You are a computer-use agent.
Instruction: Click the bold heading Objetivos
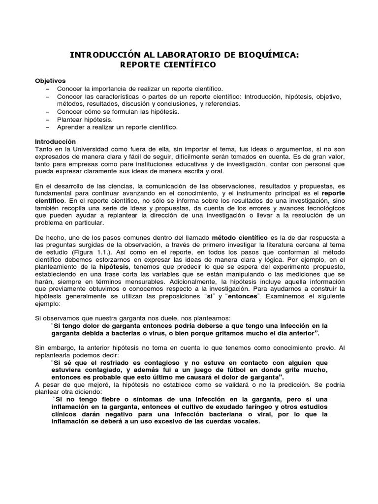[50, 81]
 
